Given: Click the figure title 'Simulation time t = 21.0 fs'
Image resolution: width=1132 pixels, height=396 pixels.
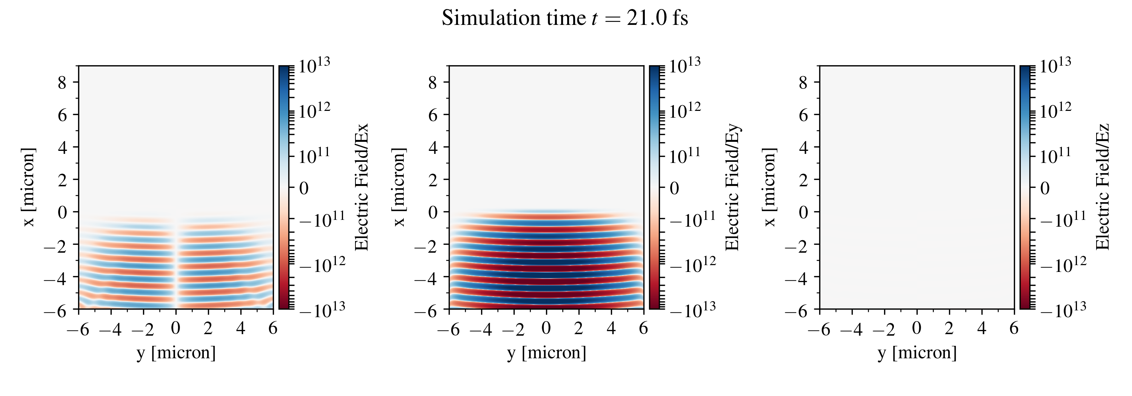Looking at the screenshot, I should pyautogui.click(x=565, y=18).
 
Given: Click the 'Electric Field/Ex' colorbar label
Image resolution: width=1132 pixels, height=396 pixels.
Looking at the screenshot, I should pyautogui.click(x=361, y=187).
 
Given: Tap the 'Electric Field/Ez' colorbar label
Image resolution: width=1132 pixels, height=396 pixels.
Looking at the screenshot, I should pyautogui.click(x=1103, y=187).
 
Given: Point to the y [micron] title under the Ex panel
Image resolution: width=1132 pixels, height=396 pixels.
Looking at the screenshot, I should pyautogui.click(x=176, y=353).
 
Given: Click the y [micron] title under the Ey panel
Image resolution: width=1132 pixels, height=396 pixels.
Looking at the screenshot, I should pyautogui.click(x=547, y=353).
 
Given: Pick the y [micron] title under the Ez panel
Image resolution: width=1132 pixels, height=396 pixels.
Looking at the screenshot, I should pyautogui.click(x=917, y=353).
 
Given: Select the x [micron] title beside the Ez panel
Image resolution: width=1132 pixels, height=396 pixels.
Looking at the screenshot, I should pyautogui.click(x=770, y=187).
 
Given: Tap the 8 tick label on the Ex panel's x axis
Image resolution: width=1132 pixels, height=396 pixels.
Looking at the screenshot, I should pyautogui.click(x=62, y=82).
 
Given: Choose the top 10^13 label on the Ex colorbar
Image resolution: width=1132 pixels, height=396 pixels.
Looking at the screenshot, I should pyautogui.click(x=314, y=66).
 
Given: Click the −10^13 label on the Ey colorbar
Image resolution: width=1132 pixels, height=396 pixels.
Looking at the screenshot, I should pyautogui.click(x=692, y=310).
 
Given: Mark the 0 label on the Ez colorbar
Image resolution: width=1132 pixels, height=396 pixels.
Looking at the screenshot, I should pyautogui.click(x=1045, y=188).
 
